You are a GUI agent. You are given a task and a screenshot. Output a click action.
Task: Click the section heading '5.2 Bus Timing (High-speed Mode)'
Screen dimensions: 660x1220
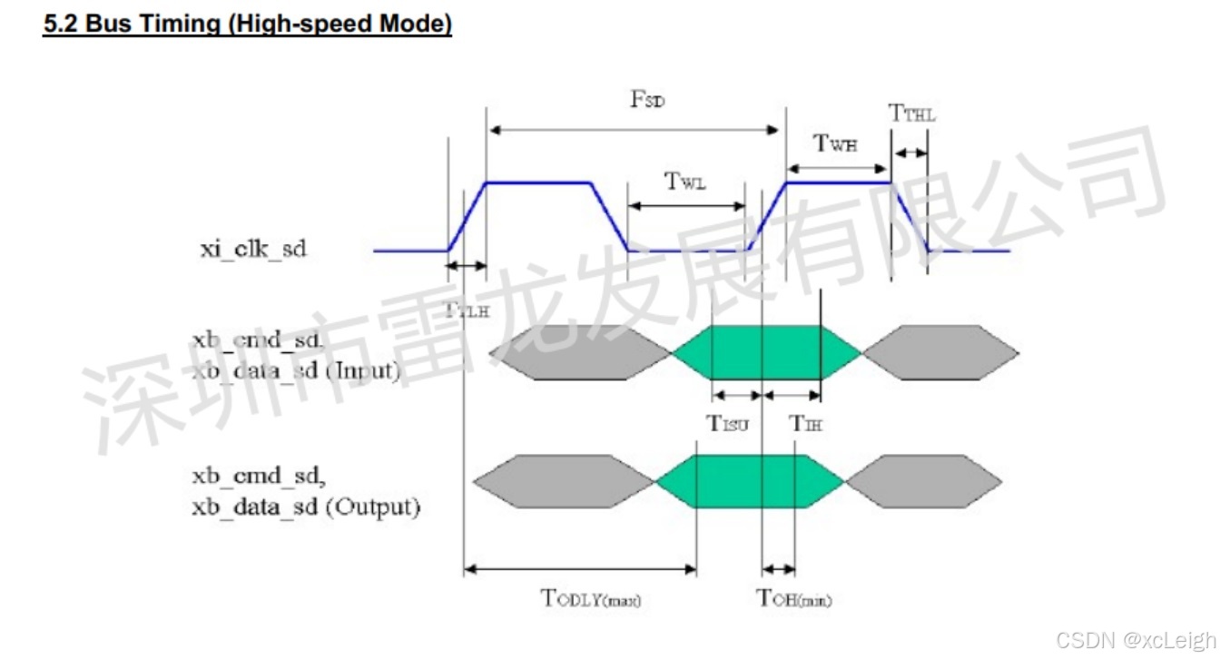(x=248, y=25)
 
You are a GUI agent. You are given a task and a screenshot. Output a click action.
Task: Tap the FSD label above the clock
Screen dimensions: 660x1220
(x=647, y=100)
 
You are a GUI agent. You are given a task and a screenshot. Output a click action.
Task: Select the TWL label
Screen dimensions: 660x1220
(x=685, y=182)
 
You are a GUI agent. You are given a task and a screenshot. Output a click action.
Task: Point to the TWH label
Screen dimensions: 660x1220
(x=835, y=143)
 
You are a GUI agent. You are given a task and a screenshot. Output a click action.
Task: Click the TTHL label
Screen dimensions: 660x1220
(x=911, y=113)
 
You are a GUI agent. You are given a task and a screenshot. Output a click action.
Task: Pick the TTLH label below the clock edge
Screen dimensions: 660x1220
(x=467, y=309)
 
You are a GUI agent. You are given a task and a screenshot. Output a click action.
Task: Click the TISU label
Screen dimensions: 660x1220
(x=728, y=422)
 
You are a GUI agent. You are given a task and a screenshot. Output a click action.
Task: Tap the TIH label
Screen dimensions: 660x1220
(x=805, y=422)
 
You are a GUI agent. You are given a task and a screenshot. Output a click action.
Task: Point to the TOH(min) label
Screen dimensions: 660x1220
(x=794, y=598)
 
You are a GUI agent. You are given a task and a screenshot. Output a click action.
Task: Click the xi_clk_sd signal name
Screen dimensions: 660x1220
(x=253, y=249)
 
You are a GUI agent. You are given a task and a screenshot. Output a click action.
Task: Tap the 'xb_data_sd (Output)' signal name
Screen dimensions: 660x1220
(x=306, y=506)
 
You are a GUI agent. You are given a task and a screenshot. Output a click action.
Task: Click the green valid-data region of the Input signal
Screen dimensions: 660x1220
(x=767, y=352)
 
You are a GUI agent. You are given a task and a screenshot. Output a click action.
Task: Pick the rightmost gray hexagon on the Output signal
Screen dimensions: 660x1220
(x=925, y=482)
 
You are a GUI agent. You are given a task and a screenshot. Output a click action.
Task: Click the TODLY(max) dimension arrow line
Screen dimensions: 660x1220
(x=580, y=569)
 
